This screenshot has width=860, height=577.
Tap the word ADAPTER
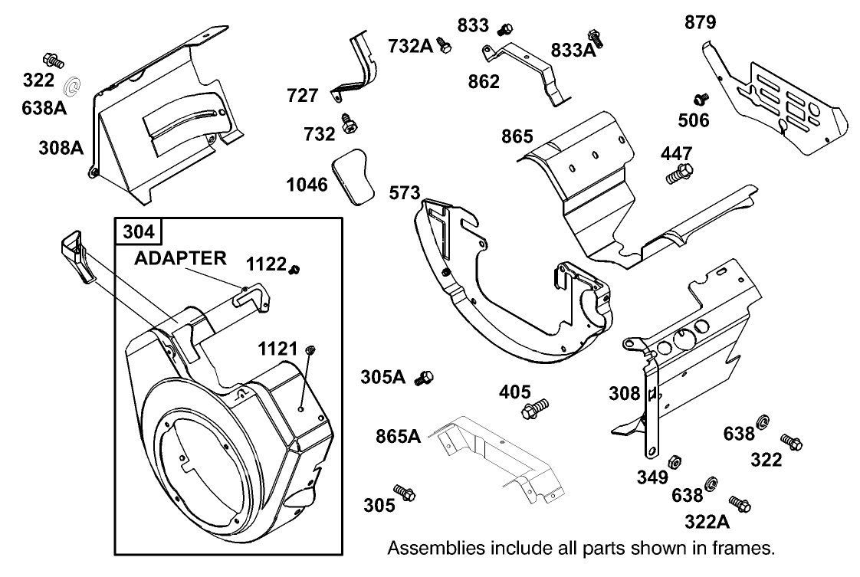180,258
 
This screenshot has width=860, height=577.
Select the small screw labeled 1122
295,267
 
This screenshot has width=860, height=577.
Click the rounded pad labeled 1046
352,177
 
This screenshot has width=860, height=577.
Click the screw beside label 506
700,99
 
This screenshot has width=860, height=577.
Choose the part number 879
700,23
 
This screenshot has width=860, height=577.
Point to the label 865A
398,437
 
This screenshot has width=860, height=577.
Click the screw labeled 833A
594,35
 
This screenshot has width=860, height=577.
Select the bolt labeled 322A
740,503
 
